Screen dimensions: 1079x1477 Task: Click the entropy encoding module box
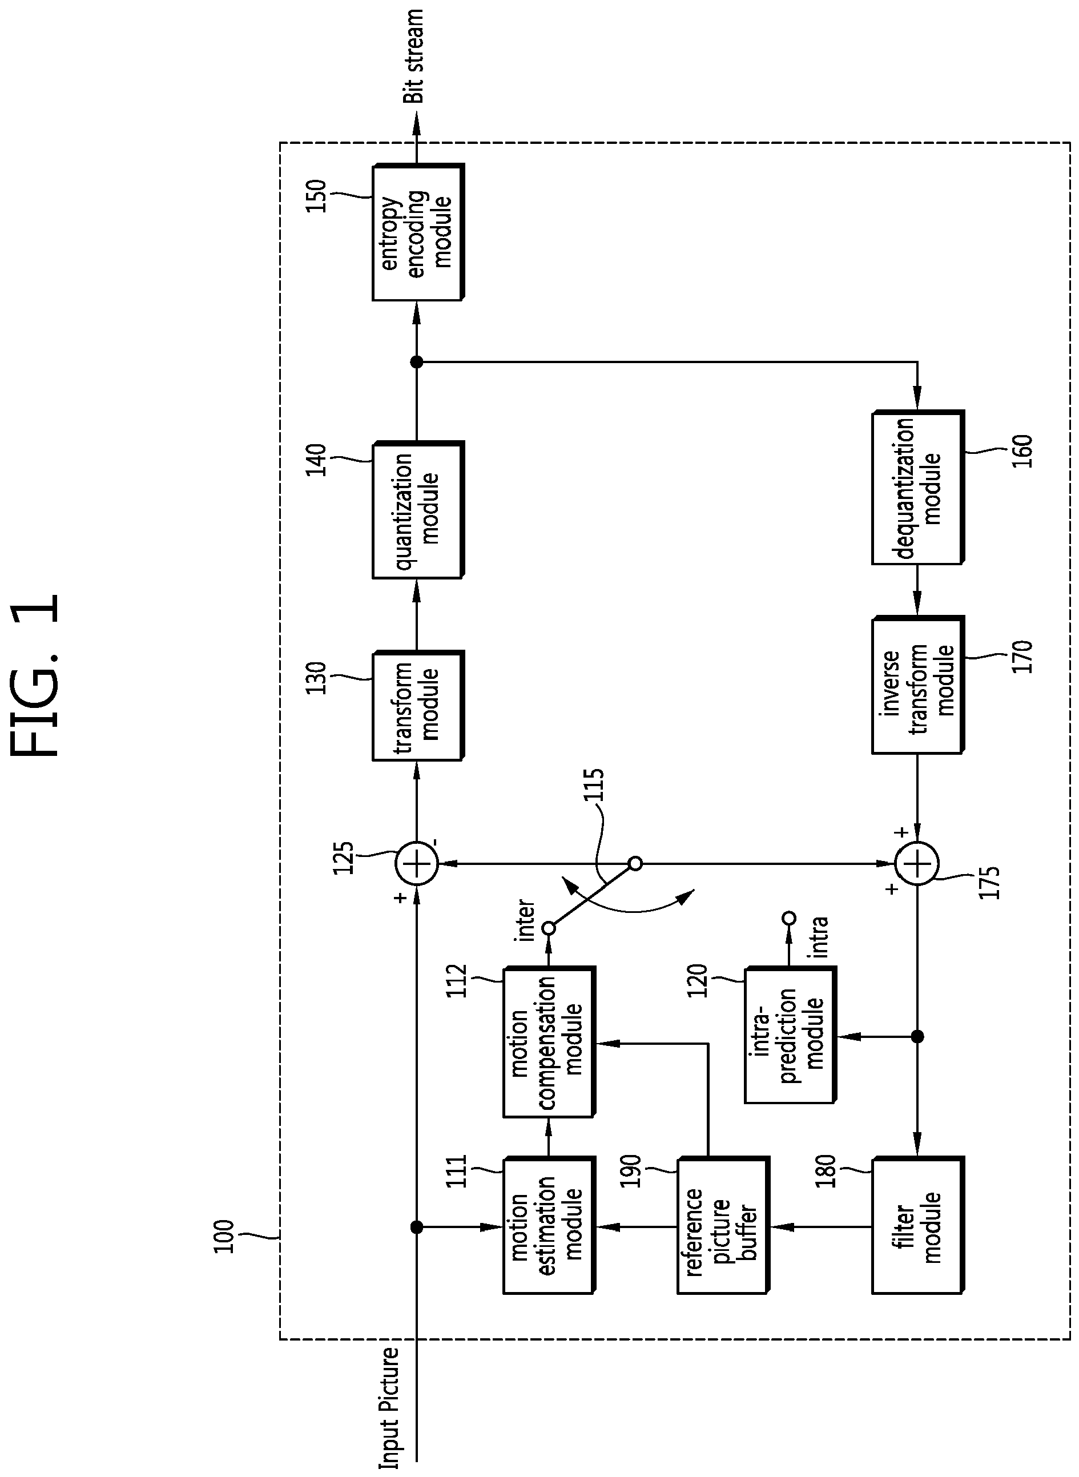point(418,232)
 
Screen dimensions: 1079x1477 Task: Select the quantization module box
point(418,510)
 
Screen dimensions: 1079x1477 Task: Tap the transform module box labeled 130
point(418,706)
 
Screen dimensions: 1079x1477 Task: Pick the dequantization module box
point(917,488)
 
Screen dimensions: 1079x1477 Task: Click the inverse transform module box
point(917,685)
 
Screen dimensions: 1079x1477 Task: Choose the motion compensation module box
point(549,1043)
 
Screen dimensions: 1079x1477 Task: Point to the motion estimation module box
point(549,1226)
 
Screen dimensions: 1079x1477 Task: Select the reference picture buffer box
point(723,1226)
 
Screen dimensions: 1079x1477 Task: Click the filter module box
point(917,1226)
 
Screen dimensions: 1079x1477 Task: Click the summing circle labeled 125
point(417,864)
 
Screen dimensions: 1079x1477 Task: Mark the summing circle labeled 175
point(917,864)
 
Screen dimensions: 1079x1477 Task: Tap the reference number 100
point(224,1236)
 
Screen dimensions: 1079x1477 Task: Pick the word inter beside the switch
point(525,921)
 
